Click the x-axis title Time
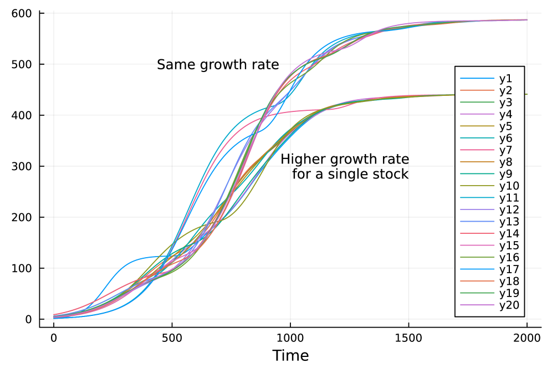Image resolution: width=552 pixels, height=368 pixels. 290,355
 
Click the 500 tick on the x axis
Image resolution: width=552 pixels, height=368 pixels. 172,337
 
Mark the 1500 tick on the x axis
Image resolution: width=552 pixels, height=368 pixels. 408,337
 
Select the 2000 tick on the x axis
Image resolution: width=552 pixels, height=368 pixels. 527,337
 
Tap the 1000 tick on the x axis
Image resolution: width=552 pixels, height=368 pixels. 290,337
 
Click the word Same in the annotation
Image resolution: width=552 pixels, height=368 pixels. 174,65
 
